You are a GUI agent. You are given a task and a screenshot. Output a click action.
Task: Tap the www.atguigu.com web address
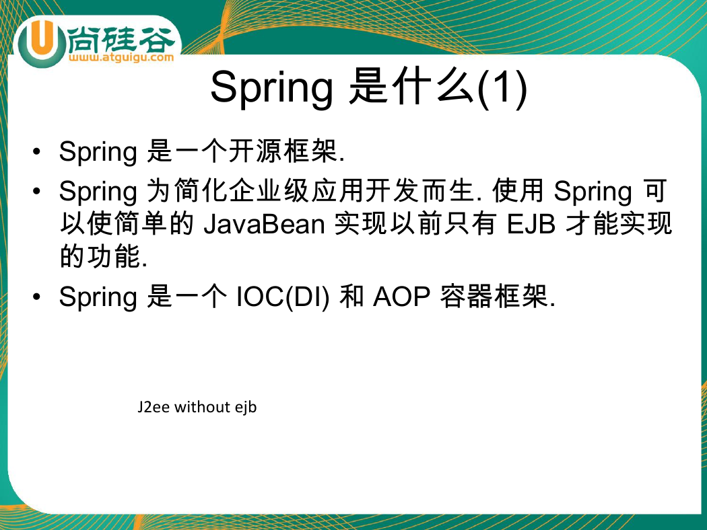pos(121,57)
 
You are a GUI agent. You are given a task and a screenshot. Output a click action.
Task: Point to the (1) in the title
pos(502,87)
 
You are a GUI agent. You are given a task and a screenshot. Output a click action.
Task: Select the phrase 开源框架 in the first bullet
pos(283,151)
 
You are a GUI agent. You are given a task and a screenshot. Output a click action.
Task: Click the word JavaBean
pos(264,224)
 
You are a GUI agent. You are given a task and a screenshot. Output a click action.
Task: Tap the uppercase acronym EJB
pos(531,224)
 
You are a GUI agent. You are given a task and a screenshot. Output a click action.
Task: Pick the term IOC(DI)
pos(283,297)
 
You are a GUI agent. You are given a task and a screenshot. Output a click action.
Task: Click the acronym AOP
pos(402,297)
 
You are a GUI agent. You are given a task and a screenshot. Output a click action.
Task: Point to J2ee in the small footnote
pos(154,407)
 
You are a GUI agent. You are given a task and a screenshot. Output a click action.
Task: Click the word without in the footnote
pos(203,407)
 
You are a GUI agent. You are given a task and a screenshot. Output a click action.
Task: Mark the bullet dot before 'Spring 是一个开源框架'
pos(36,151)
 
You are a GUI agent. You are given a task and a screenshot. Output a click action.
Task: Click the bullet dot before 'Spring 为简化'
pos(36,191)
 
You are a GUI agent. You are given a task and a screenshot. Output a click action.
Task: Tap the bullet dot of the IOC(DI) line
pos(36,297)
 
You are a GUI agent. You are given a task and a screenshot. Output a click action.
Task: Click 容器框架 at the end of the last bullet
pos(494,297)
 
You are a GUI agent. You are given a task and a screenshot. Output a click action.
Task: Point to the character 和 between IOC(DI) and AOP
pos(351,297)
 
